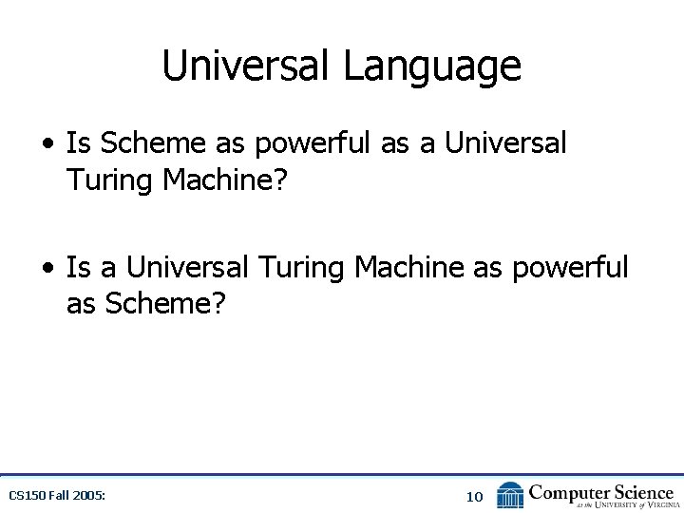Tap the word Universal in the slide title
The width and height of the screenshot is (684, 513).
pos(247,66)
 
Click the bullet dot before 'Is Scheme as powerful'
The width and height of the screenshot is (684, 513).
pos(47,144)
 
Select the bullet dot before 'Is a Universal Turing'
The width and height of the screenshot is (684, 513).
pos(47,269)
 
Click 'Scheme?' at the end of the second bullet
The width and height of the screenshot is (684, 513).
pos(161,305)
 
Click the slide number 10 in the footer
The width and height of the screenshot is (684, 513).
pos(475,496)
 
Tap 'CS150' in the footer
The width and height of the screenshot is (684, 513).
pos(26,496)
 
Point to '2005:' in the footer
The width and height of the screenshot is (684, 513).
pos(88,496)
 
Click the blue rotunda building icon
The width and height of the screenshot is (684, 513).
pos(510,495)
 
